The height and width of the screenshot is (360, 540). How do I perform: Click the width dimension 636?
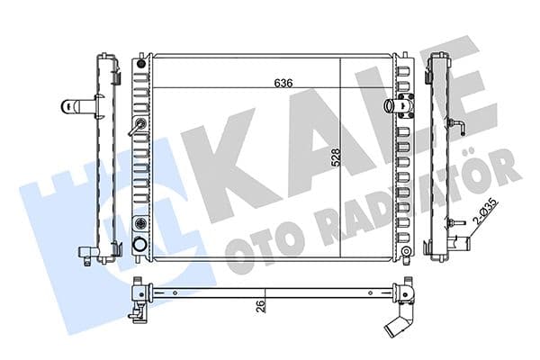click(283, 83)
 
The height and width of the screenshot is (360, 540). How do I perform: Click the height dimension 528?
click(335, 157)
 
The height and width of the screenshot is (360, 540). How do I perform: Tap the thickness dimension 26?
click(261, 306)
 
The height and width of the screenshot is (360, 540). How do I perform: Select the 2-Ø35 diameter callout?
click(486, 211)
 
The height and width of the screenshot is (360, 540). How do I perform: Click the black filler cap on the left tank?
click(141, 64)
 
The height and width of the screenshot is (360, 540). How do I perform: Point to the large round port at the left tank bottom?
click(140, 244)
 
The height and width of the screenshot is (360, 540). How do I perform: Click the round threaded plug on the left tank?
click(140, 223)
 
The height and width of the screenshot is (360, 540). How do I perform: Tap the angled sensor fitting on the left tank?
click(137, 127)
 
